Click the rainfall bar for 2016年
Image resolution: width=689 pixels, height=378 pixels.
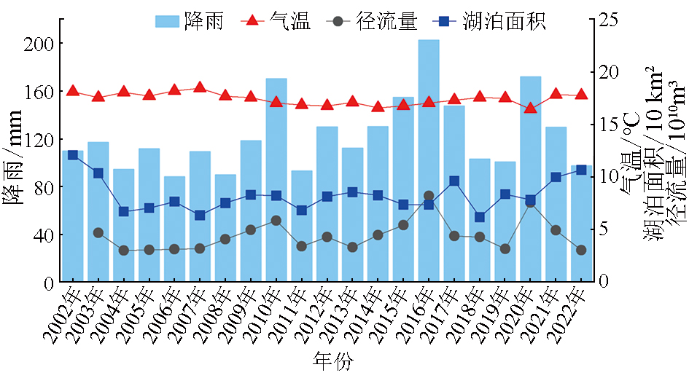click(x=428, y=160)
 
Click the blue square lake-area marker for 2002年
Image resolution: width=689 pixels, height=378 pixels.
click(x=73, y=155)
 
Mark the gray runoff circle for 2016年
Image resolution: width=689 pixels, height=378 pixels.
click(x=429, y=196)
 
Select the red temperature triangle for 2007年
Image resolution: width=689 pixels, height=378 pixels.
click(x=200, y=87)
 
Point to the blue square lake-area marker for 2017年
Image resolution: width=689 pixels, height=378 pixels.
click(x=454, y=181)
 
